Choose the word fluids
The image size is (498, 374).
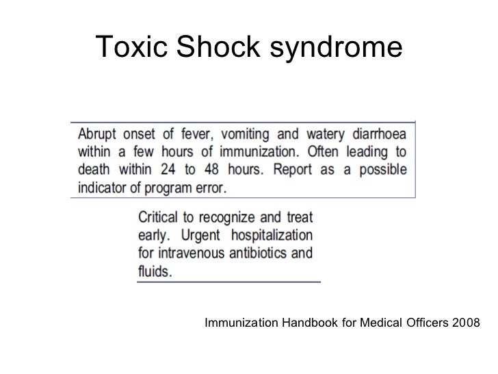click(156, 270)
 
